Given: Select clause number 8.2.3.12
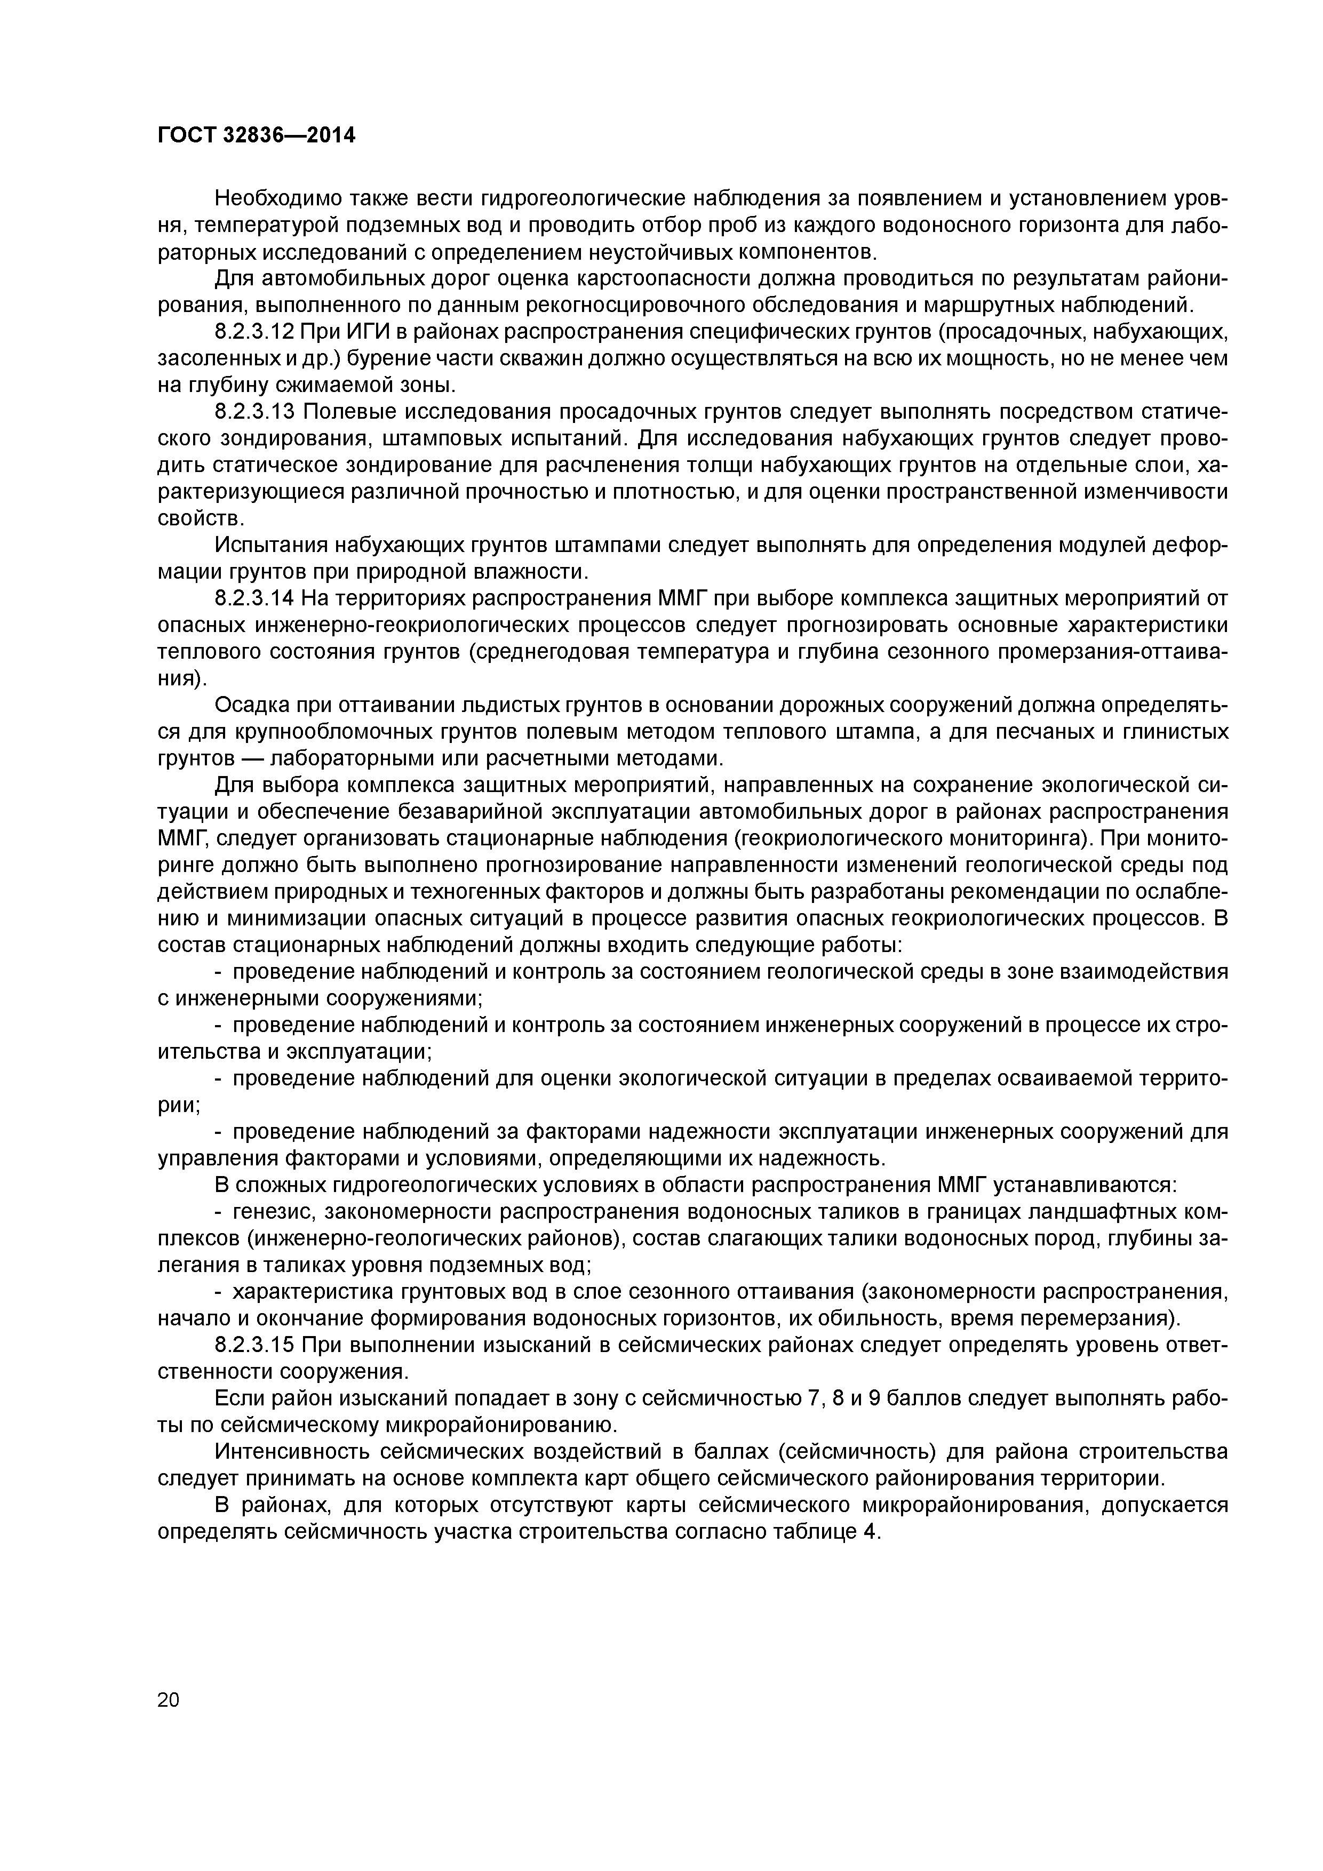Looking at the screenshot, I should point(254,332).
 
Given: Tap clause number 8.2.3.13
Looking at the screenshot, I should point(254,412).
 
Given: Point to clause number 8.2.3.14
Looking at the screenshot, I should point(254,598).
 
